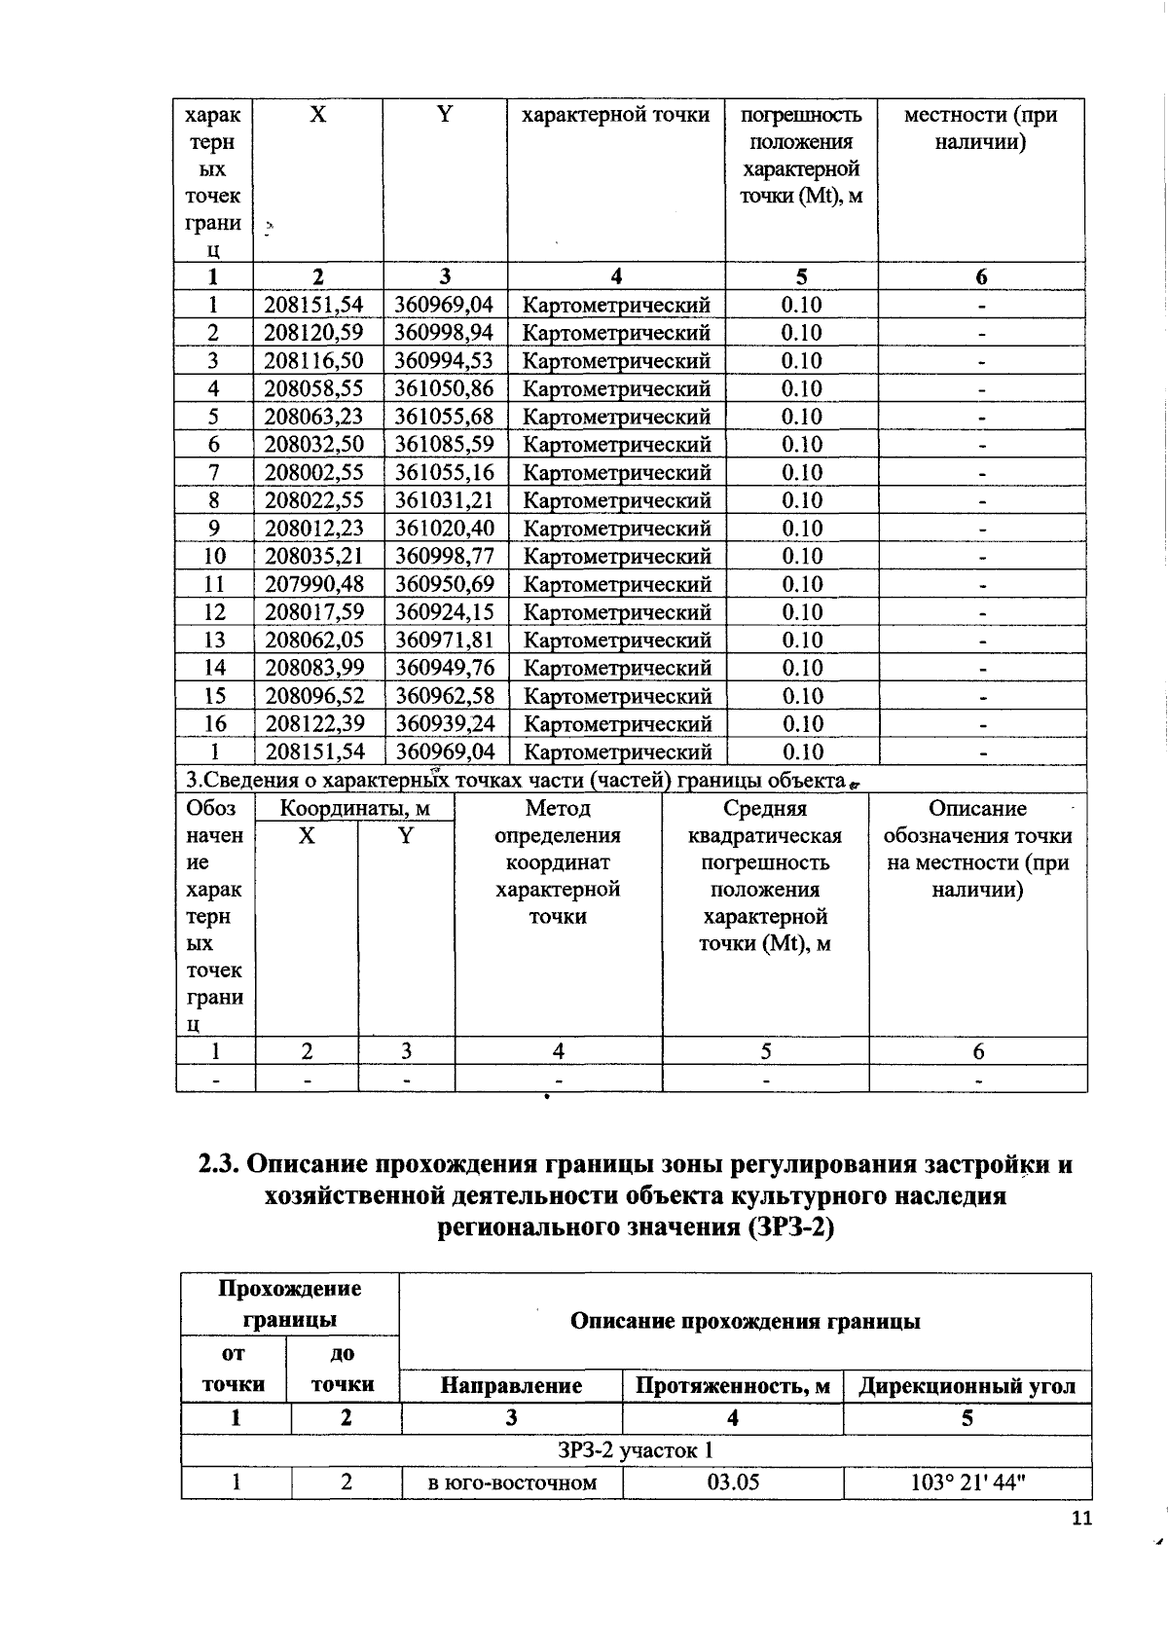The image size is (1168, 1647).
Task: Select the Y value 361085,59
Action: (444, 445)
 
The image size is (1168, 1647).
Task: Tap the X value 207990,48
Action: (313, 585)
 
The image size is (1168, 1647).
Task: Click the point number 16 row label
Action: (214, 724)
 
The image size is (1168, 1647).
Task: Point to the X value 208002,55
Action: (313, 473)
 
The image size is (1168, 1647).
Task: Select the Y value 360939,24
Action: (444, 724)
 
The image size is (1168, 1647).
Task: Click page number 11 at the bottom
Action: (1081, 1519)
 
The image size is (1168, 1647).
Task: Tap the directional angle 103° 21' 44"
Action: (967, 1482)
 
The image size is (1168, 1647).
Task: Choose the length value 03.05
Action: (733, 1482)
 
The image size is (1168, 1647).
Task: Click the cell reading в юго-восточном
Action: (512, 1482)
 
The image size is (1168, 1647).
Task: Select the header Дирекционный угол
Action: (967, 1386)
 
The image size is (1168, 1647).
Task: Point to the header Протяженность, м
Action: (733, 1386)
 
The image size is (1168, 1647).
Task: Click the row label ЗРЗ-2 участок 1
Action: (636, 1450)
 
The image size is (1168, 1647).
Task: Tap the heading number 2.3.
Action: (219, 1164)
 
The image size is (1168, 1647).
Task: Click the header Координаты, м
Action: (354, 809)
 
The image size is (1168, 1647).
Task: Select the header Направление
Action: (512, 1386)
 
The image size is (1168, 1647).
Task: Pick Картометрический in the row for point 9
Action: (617, 530)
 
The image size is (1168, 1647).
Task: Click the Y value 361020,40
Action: (444, 530)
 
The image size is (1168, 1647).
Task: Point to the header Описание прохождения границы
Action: (745, 1321)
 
